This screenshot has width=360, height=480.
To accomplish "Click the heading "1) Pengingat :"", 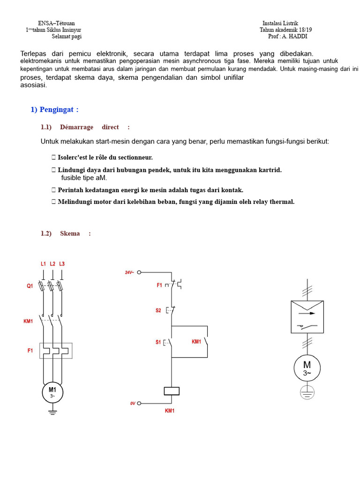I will coord(54,110).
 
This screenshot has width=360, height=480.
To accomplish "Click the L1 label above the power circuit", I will coord(43,264).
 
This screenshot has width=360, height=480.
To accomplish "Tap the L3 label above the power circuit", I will coord(62,264).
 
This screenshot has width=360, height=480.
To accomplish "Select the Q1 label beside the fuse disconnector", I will coord(30,286).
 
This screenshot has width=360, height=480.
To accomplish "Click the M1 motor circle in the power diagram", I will coord(52,392).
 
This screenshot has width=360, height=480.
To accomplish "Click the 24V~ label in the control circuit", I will coord(129,272).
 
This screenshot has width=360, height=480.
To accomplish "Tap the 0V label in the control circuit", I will coord(133,403).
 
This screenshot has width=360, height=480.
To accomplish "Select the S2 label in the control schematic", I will coord(158,310).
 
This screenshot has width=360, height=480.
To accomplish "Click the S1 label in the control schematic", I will coord(158,342).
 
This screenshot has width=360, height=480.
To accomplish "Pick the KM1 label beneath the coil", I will coord(170,411).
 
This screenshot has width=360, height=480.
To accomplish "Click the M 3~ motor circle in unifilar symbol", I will coord(307,368).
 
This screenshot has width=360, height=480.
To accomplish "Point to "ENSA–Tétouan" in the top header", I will coord(56,23).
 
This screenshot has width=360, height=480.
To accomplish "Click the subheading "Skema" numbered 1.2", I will coord(70,233).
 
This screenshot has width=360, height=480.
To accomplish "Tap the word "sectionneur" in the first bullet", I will coord(135,157).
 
